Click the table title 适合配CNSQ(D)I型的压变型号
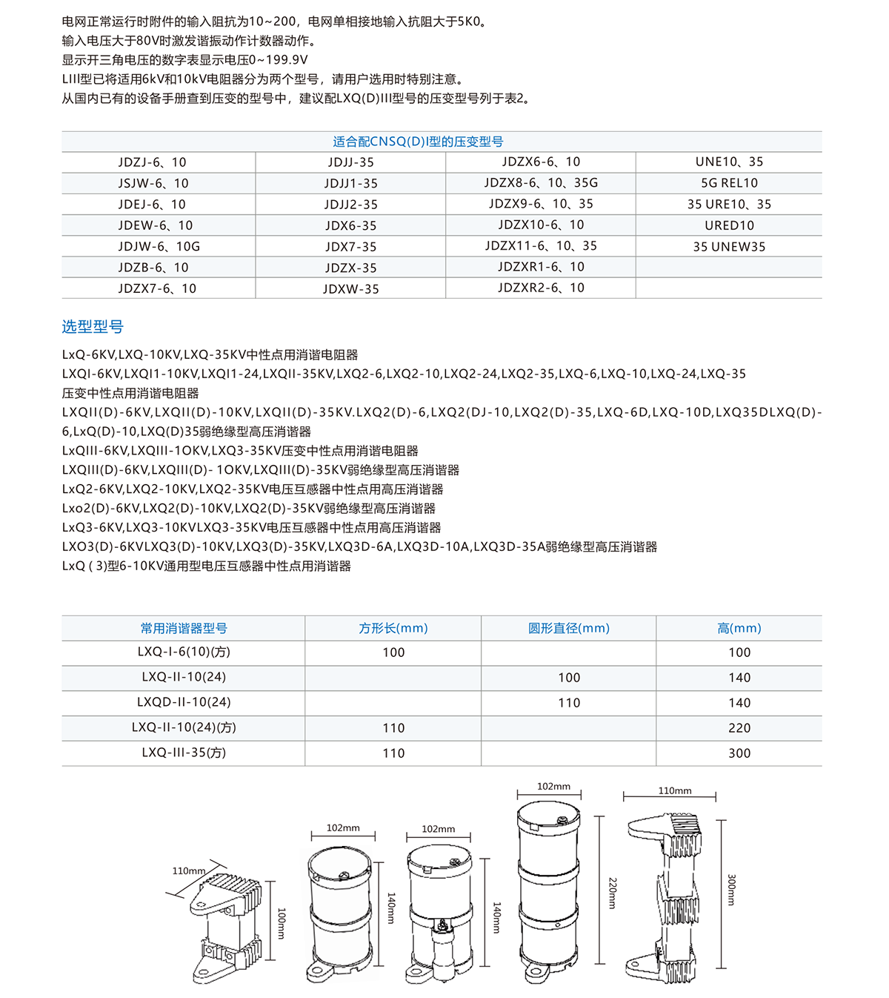pyautogui.click(x=418, y=142)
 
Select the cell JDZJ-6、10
pyautogui.click(x=152, y=162)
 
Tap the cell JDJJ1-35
pyautogui.click(x=350, y=183)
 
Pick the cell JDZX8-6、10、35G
pyautogui.click(x=541, y=182)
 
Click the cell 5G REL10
pyautogui.click(x=729, y=183)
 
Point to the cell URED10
pyautogui.click(x=729, y=225)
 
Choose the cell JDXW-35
pyautogui.click(x=350, y=289)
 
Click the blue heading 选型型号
pyautogui.click(x=93, y=326)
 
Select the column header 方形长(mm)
pyautogui.click(x=393, y=628)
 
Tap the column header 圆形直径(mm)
pyautogui.click(x=568, y=628)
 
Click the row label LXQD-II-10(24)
pyautogui.click(x=184, y=702)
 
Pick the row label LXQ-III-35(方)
pyautogui.click(x=184, y=753)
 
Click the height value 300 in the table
pyautogui.click(x=739, y=753)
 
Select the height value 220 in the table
pyautogui.click(x=739, y=728)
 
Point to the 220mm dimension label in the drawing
pyautogui.click(x=613, y=893)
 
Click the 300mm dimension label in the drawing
pyautogui.click(x=731, y=890)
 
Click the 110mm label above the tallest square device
pyautogui.click(x=675, y=791)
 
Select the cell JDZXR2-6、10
pyautogui.click(x=541, y=288)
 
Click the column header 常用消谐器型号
pyautogui.click(x=184, y=628)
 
